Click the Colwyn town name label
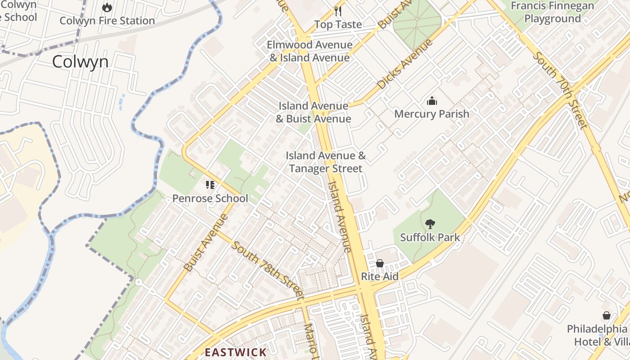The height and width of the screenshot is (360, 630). pos(80,62)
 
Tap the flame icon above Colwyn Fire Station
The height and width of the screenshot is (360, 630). pos(107,7)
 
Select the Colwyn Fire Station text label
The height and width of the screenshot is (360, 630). pos(107,21)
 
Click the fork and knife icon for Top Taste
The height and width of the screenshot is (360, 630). pos(338,11)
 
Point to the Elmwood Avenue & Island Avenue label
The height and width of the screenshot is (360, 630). pos(310,51)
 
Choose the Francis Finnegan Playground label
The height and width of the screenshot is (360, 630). pos(553,12)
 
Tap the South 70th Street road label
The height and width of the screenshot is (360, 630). pos(560,90)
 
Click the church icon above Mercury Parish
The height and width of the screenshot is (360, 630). pos(432,101)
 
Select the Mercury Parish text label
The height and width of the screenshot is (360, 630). pos(432,114)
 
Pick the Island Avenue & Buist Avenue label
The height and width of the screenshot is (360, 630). pos(313,112)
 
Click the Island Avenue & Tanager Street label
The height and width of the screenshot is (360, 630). pos(326,162)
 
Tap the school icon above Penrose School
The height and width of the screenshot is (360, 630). pos(210,185)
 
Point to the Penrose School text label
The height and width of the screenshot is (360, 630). pos(210,198)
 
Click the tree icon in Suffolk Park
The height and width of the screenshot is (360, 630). pos(430,224)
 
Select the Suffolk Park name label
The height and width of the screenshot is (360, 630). pos(430,237)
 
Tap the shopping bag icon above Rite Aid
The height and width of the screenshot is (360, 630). pos(380,263)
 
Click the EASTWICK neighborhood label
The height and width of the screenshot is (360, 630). pos(236,352)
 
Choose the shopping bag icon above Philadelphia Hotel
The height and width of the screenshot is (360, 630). pos(607,315)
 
